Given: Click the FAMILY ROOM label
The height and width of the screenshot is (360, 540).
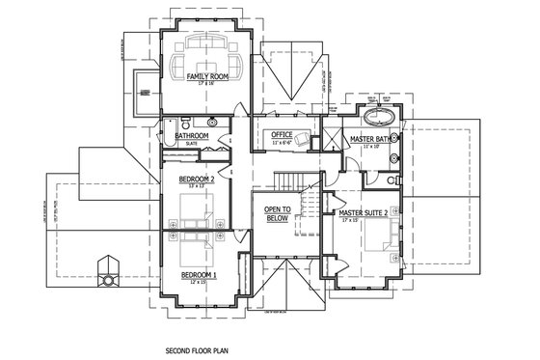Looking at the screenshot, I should coord(207,76).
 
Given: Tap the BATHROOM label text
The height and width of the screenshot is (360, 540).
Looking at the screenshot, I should coord(192,136).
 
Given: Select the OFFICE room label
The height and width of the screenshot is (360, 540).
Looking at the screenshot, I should coord(282,134).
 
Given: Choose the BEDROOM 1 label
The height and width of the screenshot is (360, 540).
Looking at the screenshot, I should coord(200,275).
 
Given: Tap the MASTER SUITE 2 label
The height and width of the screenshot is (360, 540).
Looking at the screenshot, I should coord(364,212).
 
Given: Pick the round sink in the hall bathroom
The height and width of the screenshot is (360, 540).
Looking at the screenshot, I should coord(211,124).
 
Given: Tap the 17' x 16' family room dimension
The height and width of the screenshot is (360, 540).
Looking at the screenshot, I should coord(207,84).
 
